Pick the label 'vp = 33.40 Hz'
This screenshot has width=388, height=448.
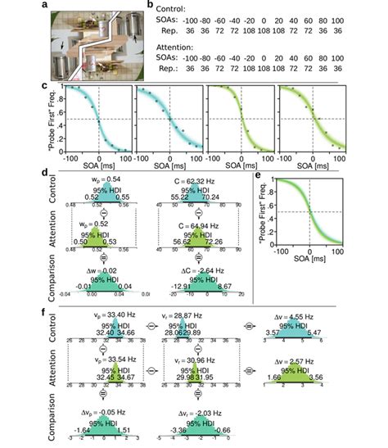click(97, 314)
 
